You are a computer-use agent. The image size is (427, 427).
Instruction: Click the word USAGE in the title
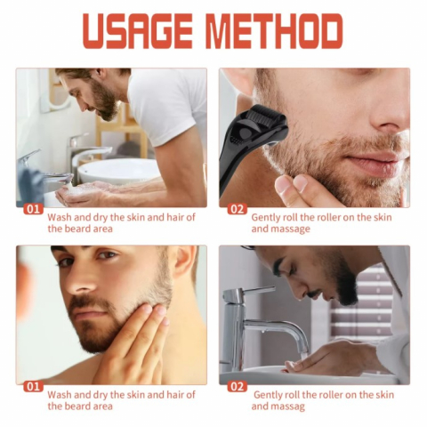click(138, 31)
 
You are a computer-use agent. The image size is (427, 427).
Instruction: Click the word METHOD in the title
click(274, 31)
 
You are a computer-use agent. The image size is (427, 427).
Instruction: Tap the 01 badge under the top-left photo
click(33, 209)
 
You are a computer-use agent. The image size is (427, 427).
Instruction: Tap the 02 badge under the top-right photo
click(237, 209)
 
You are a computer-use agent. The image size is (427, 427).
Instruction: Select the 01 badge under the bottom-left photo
click(33, 387)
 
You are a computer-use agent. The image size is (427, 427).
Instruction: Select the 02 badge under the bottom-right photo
click(237, 387)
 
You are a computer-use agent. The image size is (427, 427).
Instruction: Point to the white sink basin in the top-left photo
click(118, 172)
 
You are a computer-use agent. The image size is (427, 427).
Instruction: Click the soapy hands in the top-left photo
click(80, 193)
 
